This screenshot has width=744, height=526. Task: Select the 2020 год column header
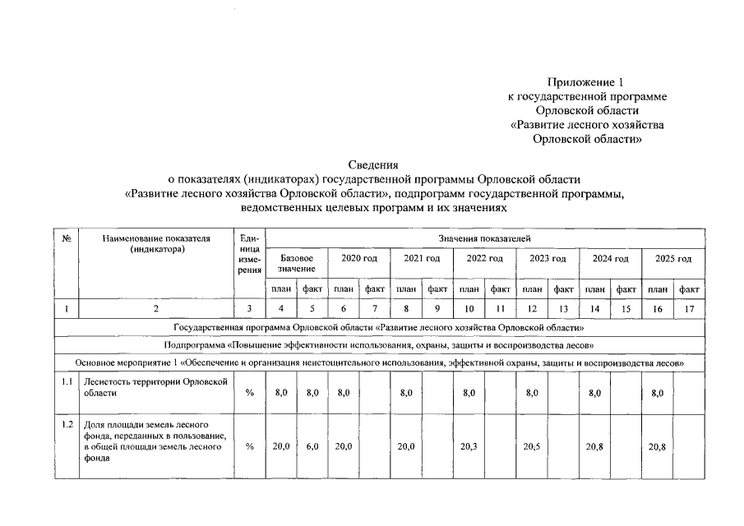(358, 259)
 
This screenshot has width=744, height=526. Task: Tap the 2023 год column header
(548, 259)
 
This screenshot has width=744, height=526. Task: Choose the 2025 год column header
(673, 259)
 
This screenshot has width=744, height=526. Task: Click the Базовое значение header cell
(296, 264)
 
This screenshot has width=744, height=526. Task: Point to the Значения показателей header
(485, 238)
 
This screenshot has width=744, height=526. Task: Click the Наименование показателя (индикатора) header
(156, 243)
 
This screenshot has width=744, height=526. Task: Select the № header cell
(65, 238)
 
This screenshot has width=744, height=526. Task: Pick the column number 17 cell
(689, 310)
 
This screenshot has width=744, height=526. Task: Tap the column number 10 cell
(469, 310)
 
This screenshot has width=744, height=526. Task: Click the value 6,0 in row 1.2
(312, 446)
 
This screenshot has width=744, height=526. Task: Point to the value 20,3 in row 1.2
(469, 446)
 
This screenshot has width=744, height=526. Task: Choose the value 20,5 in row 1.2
(532, 446)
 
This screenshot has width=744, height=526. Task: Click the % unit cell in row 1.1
(250, 394)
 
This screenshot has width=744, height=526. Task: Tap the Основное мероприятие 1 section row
(380, 362)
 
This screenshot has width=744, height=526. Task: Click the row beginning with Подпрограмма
(380, 344)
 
